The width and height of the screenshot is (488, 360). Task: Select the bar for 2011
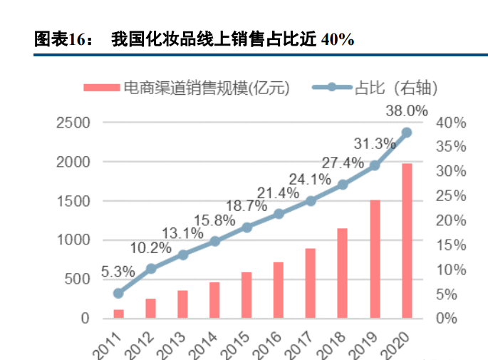click(118, 314)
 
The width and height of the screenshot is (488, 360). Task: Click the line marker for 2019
click(375, 165)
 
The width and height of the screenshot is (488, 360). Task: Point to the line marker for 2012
click(151, 269)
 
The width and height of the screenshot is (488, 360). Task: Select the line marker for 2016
click(279, 214)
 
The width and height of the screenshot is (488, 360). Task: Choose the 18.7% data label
click(247, 206)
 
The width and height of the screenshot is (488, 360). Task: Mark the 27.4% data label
click(343, 163)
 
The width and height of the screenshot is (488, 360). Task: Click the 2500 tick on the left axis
click(73, 123)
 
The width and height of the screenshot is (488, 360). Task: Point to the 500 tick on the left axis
click(78, 279)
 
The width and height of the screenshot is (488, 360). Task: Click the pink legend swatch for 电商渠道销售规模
click(101, 88)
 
